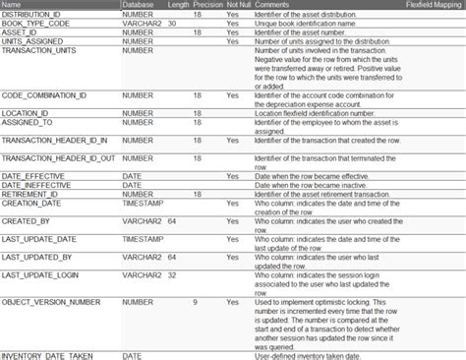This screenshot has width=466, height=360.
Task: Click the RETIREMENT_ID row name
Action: (x=30, y=194)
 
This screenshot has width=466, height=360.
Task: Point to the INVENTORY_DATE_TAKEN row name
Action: (x=48, y=354)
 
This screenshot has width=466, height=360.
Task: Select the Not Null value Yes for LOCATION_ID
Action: (x=232, y=114)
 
